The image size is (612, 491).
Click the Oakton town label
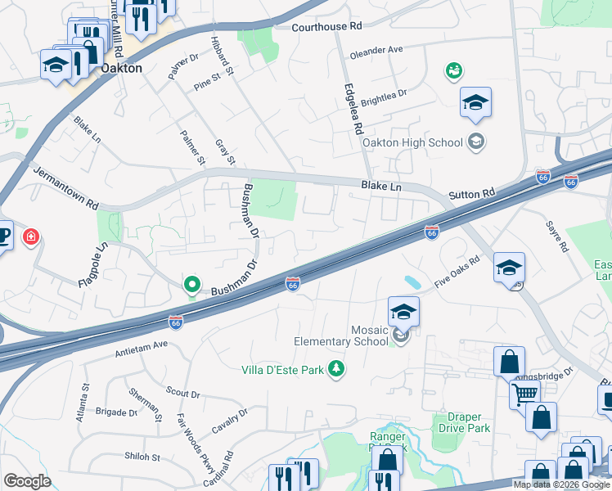click(121, 69)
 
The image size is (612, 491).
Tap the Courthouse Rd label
click(326, 27)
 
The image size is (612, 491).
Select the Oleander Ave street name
click(376, 50)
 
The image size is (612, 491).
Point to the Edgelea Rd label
click(353, 109)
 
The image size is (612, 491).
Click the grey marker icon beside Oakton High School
click(476, 142)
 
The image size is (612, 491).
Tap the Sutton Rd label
click(472, 194)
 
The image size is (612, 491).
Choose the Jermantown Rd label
click(65, 187)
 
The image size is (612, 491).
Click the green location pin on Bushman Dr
click(192, 285)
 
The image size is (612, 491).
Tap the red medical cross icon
click(31, 238)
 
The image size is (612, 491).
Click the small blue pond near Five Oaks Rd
click(413, 282)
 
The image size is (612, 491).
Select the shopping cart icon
click(524, 394)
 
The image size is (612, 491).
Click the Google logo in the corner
click(27, 481)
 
